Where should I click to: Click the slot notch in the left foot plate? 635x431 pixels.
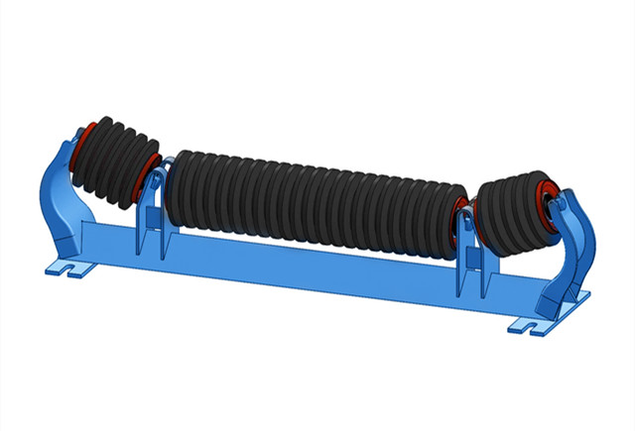tap(64, 268)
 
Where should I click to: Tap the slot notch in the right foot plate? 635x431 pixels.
tap(520, 322)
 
